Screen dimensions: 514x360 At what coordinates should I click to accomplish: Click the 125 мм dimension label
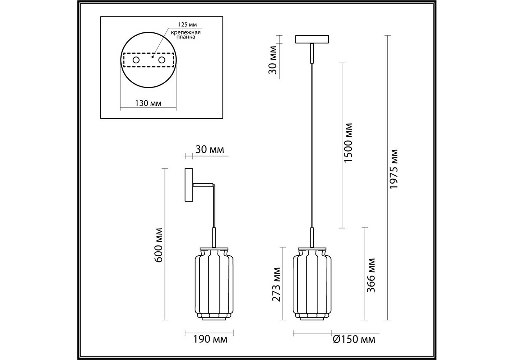click(187, 24)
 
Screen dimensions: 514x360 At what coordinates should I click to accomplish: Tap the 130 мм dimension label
click(148, 103)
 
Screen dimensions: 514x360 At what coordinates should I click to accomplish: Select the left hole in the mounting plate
click(136, 60)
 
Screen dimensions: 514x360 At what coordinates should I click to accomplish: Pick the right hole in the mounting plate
click(162, 60)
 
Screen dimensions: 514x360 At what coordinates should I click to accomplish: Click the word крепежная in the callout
click(186, 33)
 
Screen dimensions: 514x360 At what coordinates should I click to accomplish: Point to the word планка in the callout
click(186, 37)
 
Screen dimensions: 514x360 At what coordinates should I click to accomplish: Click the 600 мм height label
click(158, 245)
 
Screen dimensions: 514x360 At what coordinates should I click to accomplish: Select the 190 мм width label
click(210, 339)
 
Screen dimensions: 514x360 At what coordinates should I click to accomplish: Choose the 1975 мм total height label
click(394, 169)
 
